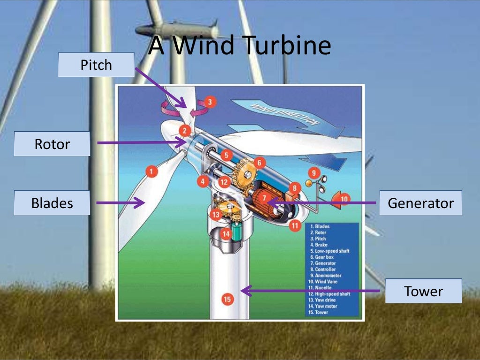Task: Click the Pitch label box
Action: (x=96, y=65)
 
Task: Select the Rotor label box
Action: (x=52, y=144)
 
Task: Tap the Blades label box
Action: (x=52, y=203)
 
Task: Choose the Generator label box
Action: (x=420, y=203)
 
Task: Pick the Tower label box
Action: (x=423, y=291)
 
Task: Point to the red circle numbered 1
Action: (x=151, y=172)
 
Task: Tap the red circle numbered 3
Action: (x=210, y=102)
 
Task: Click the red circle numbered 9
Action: (x=314, y=172)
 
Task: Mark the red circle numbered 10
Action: (x=345, y=199)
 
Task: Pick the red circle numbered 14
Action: (x=226, y=233)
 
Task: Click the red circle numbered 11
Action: (x=295, y=225)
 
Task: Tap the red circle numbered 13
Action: (x=216, y=215)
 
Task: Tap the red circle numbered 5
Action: (x=226, y=155)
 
